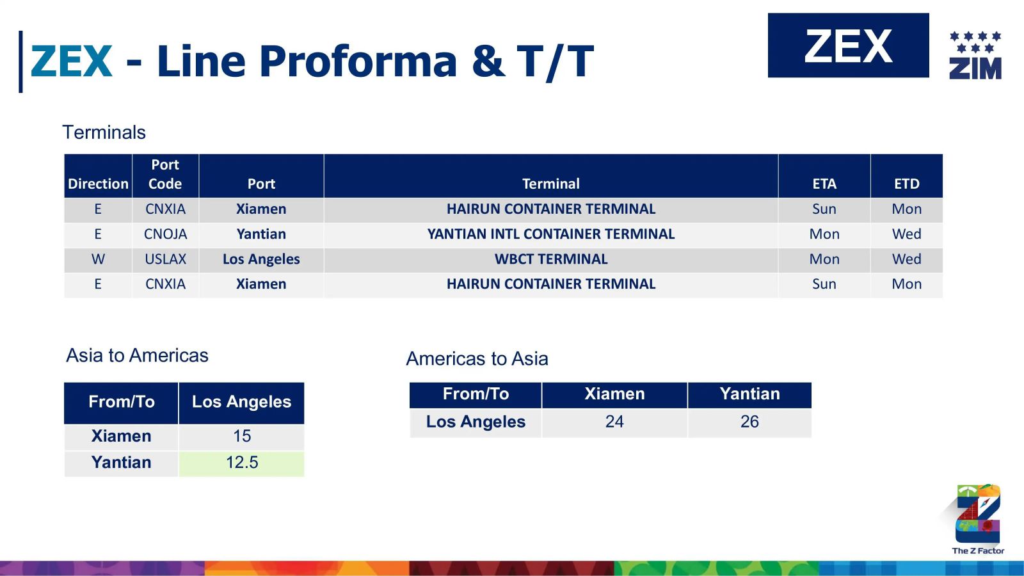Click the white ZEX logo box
(x=848, y=45)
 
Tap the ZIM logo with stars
(x=975, y=55)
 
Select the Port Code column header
(x=165, y=174)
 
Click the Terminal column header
(x=551, y=184)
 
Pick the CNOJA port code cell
(x=165, y=234)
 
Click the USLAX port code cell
(x=165, y=259)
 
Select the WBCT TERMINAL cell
(x=551, y=259)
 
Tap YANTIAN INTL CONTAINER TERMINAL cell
(x=551, y=234)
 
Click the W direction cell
(x=98, y=259)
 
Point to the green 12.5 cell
(x=241, y=463)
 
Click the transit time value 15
(x=241, y=436)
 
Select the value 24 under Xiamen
(x=614, y=422)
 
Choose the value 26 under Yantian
(x=749, y=422)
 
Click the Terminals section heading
(x=104, y=132)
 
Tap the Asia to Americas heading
(x=137, y=355)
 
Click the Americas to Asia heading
(x=477, y=358)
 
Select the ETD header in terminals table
(x=906, y=184)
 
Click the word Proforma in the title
(x=358, y=61)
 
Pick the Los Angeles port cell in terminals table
(x=261, y=259)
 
